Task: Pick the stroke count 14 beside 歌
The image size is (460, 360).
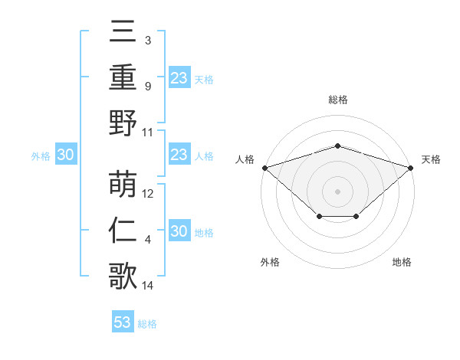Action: (148, 286)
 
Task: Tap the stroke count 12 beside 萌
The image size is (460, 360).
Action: (149, 194)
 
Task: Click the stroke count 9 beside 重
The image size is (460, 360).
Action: (147, 87)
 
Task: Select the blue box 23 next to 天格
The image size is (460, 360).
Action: (179, 78)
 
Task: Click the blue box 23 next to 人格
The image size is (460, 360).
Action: (179, 155)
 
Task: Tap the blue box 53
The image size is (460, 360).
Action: (123, 322)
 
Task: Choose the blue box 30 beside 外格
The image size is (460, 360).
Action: (65, 155)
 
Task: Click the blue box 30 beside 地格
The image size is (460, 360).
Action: (179, 232)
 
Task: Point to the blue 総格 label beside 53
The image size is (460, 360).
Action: (147, 324)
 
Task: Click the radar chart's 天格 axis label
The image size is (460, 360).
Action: (431, 159)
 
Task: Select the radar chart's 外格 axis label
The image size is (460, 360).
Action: (270, 262)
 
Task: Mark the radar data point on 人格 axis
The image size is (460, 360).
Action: (264, 167)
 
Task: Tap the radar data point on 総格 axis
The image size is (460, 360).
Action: (337, 146)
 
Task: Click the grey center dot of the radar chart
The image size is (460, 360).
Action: (337, 191)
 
